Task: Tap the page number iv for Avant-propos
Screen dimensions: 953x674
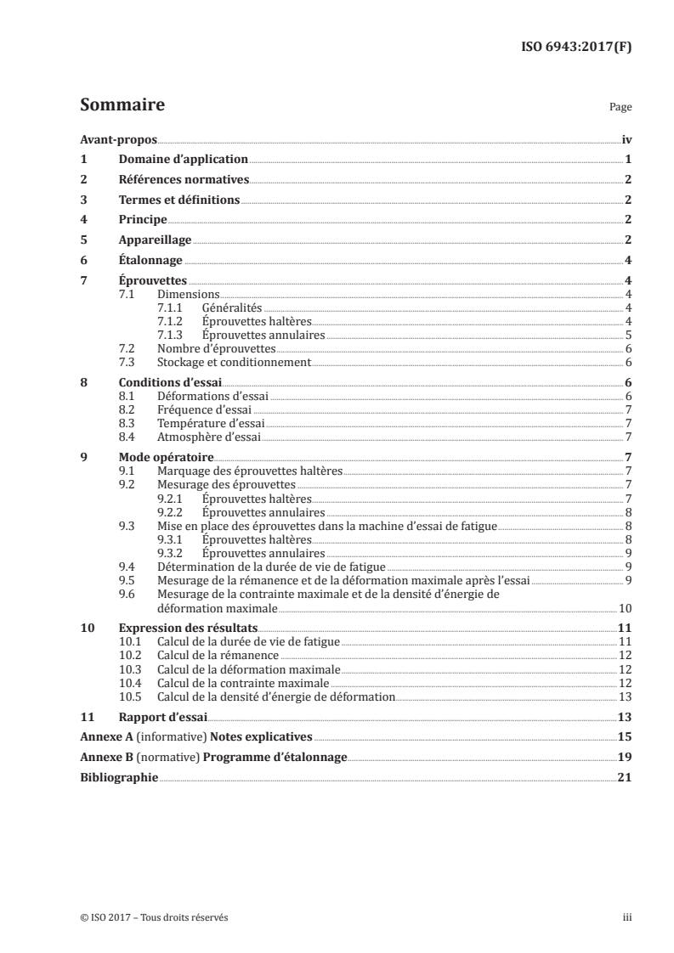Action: (x=626, y=139)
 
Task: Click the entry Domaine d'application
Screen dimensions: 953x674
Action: (x=183, y=159)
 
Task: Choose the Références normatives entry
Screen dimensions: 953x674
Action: (x=184, y=180)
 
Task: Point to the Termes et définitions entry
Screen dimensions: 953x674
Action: (x=179, y=200)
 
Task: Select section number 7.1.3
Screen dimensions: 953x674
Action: (x=173, y=335)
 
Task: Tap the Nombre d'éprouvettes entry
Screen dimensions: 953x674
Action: (x=217, y=349)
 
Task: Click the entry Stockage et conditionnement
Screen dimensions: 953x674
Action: (x=235, y=363)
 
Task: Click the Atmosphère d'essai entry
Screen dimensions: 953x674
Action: (x=209, y=437)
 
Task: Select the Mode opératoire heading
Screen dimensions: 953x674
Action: (x=166, y=457)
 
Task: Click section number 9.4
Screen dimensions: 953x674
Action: (x=128, y=566)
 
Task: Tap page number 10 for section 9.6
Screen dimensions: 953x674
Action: (x=624, y=608)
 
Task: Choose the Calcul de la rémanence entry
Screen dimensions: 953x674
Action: (x=218, y=656)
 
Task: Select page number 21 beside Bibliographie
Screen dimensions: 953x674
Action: (x=625, y=777)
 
